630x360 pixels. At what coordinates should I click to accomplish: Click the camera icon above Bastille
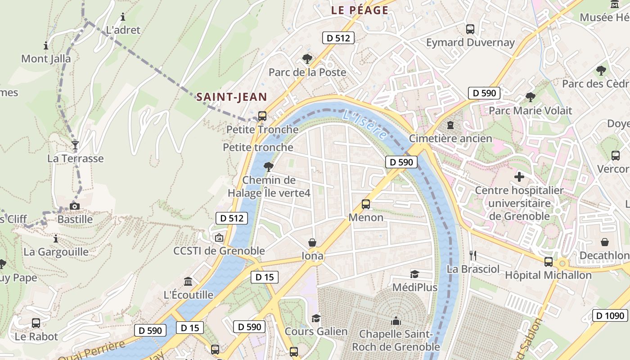click(x=75, y=207)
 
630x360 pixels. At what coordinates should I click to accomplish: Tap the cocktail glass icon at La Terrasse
click(x=75, y=145)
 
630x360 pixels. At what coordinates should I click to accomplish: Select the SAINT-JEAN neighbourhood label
click(x=231, y=97)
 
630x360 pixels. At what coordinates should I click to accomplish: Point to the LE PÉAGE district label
click(x=360, y=10)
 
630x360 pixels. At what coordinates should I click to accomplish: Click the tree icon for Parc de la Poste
click(x=307, y=58)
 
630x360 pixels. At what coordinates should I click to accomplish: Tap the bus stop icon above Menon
click(x=366, y=204)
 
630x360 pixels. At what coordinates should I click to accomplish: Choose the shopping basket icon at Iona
click(x=312, y=243)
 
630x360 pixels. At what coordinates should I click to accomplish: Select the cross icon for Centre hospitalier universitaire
click(x=519, y=177)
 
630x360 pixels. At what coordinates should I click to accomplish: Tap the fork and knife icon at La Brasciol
click(x=472, y=256)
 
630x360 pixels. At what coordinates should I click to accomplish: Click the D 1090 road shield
click(x=610, y=315)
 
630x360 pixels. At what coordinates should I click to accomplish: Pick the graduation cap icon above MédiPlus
click(x=414, y=274)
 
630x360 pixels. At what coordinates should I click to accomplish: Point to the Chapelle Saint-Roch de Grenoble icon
click(x=396, y=321)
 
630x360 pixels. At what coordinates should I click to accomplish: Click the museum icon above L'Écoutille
click(x=188, y=282)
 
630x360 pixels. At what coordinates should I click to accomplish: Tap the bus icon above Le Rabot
click(x=36, y=323)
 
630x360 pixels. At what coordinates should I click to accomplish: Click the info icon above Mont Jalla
click(x=46, y=45)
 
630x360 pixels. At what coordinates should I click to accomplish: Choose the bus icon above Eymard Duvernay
click(x=470, y=29)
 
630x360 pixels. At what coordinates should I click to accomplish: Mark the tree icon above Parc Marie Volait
click(x=531, y=97)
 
